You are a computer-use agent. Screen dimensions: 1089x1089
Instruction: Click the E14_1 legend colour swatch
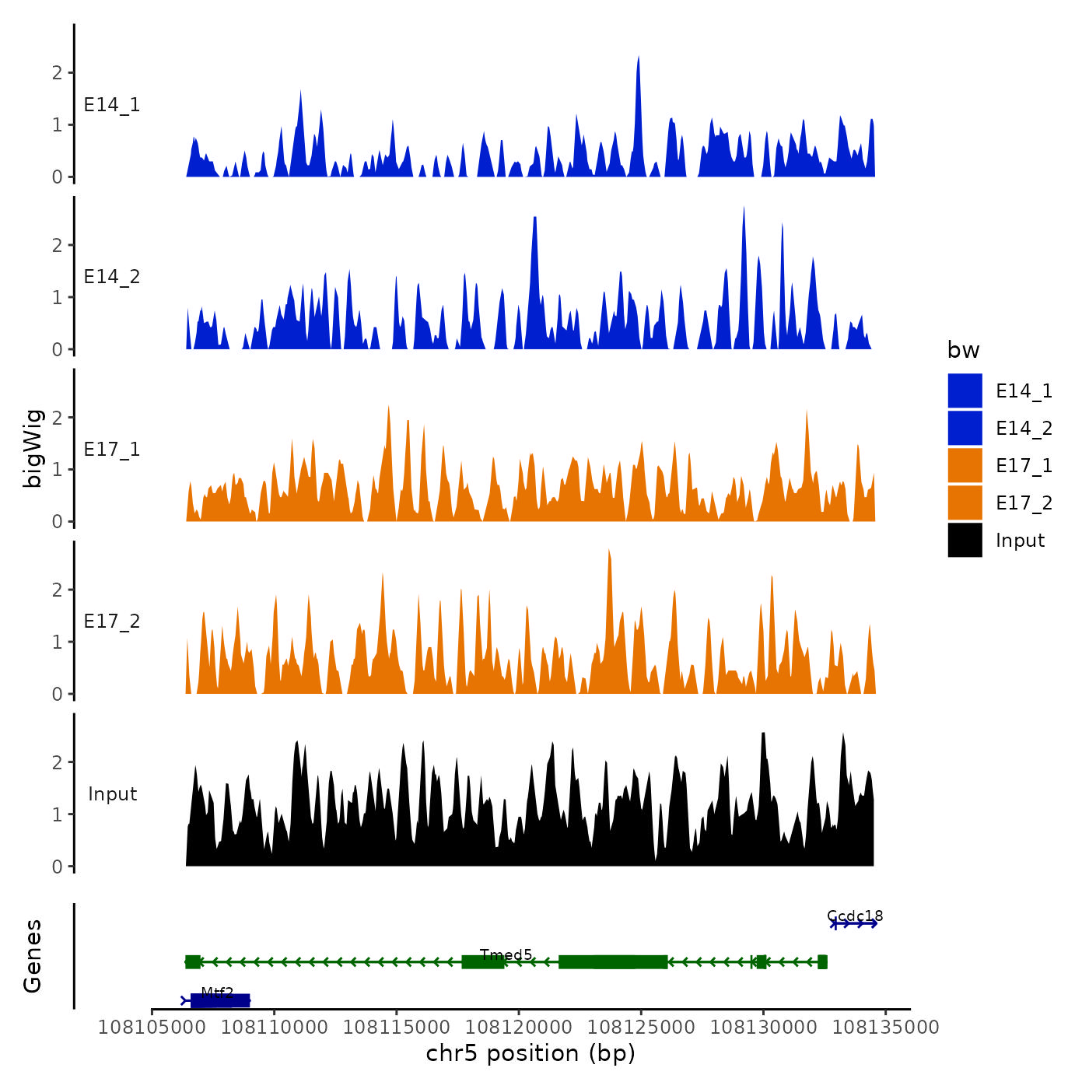coord(965,390)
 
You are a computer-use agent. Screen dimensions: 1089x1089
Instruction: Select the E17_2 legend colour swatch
coord(965,502)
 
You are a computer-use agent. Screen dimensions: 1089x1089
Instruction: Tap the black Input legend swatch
coord(965,540)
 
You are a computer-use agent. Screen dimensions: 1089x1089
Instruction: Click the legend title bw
coord(963,350)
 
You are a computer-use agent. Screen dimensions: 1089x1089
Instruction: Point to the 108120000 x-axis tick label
coord(519,1028)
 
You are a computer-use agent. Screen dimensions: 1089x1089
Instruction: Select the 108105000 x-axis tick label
coord(152,1028)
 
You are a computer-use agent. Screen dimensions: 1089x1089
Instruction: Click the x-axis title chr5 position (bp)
coord(530,1053)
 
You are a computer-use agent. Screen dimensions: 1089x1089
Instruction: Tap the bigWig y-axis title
coord(33,448)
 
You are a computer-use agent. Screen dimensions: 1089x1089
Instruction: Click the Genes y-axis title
coord(33,956)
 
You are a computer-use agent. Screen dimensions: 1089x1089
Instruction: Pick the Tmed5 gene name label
coord(506,954)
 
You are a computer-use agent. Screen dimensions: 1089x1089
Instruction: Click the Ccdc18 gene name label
coord(855,916)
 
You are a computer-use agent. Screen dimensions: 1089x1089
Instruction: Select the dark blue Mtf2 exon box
coord(220,1000)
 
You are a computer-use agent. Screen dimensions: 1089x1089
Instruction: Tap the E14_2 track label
coord(112,277)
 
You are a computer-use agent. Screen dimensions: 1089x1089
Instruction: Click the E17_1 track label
coord(112,450)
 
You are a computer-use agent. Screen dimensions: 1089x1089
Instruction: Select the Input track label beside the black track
coord(112,794)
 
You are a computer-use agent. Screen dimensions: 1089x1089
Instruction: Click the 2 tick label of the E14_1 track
coord(57,73)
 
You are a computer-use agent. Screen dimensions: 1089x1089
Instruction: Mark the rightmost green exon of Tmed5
coord(822,962)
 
